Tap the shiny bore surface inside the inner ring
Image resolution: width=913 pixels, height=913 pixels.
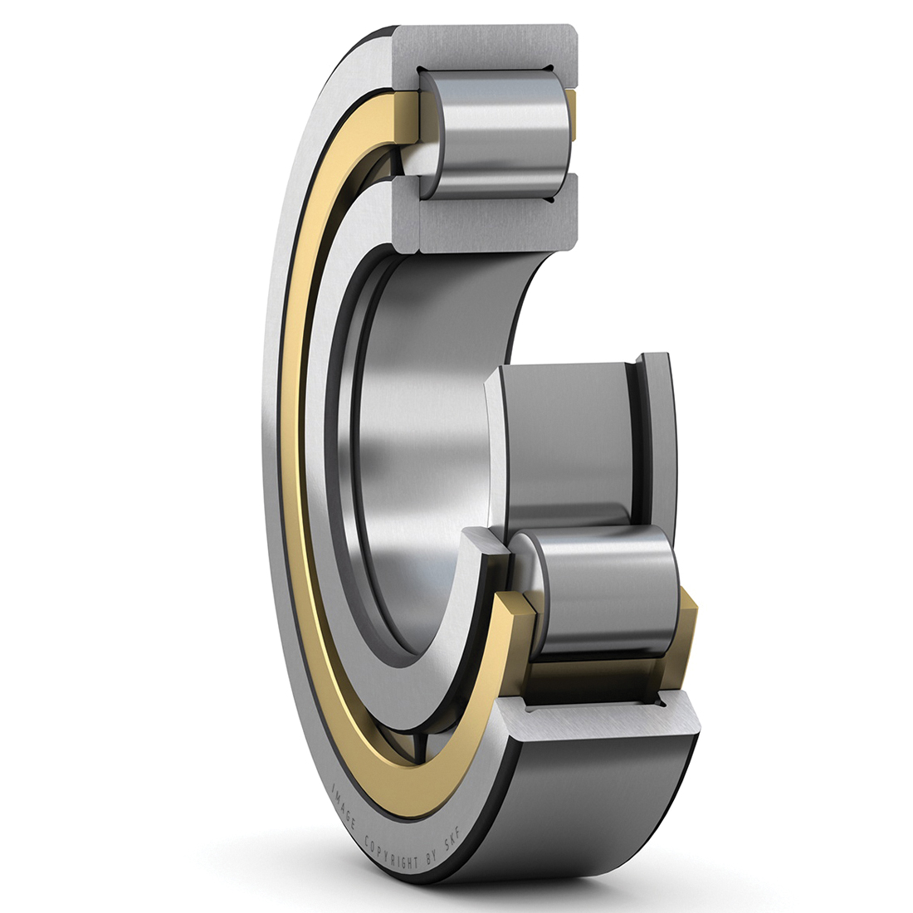click(x=415, y=432)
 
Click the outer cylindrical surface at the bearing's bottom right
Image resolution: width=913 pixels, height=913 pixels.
click(x=598, y=797)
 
